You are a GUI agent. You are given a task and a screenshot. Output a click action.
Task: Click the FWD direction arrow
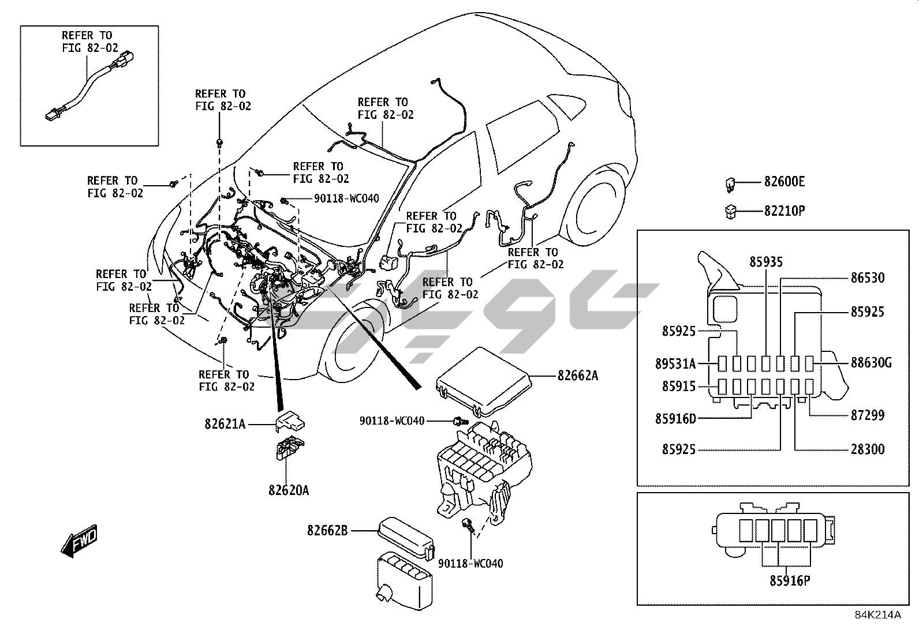point(79,541)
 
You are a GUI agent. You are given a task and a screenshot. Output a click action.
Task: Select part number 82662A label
point(577,376)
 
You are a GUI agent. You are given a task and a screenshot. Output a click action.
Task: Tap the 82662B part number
point(327,530)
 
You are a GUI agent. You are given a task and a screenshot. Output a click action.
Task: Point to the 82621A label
point(225,425)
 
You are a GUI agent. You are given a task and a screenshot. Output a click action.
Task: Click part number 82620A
point(288,490)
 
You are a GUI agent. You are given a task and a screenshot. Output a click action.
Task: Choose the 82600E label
point(784,182)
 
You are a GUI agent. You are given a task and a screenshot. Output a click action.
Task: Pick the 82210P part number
point(784,211)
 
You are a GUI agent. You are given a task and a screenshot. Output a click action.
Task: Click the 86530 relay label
point(867,278)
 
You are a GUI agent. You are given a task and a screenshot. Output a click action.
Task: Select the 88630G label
point(871,363)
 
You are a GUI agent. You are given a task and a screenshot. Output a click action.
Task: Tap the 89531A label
point(675,363)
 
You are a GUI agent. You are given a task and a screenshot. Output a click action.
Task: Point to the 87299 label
point(867,415)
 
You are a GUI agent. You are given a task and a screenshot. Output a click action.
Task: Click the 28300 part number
point(867,449)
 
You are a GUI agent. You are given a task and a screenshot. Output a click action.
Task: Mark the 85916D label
point(675,418)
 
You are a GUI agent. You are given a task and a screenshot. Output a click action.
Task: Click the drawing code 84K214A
point(878,614)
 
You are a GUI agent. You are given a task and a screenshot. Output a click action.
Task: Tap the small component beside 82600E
point(730,183)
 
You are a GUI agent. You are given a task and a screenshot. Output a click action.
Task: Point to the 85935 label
point(766,262)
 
